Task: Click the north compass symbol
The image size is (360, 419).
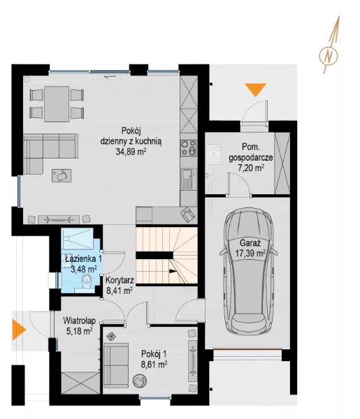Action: (x=329, y=56)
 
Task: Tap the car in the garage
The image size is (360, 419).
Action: (x=248, y=271)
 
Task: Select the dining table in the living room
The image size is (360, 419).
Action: (x=57, y=103)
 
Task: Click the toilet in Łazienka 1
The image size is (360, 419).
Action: (x=87, y=281)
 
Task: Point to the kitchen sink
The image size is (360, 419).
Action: (x=188, y=179)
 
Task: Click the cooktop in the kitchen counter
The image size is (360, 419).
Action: (x=189, y=148)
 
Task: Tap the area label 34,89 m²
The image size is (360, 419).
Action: (x=131, y=152)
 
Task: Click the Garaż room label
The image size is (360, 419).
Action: (x=250, y=243)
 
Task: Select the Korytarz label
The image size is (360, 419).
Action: (x=120, y=280)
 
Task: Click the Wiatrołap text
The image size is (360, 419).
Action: (x=80, y=321)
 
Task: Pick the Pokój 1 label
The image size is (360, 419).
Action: (x=154, y=354)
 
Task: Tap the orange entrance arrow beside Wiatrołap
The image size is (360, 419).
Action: (x=19, y=330)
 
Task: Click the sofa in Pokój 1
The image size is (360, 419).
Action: (x=116, y=365)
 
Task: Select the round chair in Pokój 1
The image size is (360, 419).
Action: (x=140, y=381)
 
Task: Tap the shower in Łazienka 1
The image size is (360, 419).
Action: (x=78, y=239)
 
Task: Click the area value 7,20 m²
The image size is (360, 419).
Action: (x=251, y=168)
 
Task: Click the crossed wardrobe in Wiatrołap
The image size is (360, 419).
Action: (x=80, y=383)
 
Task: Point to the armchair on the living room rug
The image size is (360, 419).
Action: (x=62, y=175)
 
